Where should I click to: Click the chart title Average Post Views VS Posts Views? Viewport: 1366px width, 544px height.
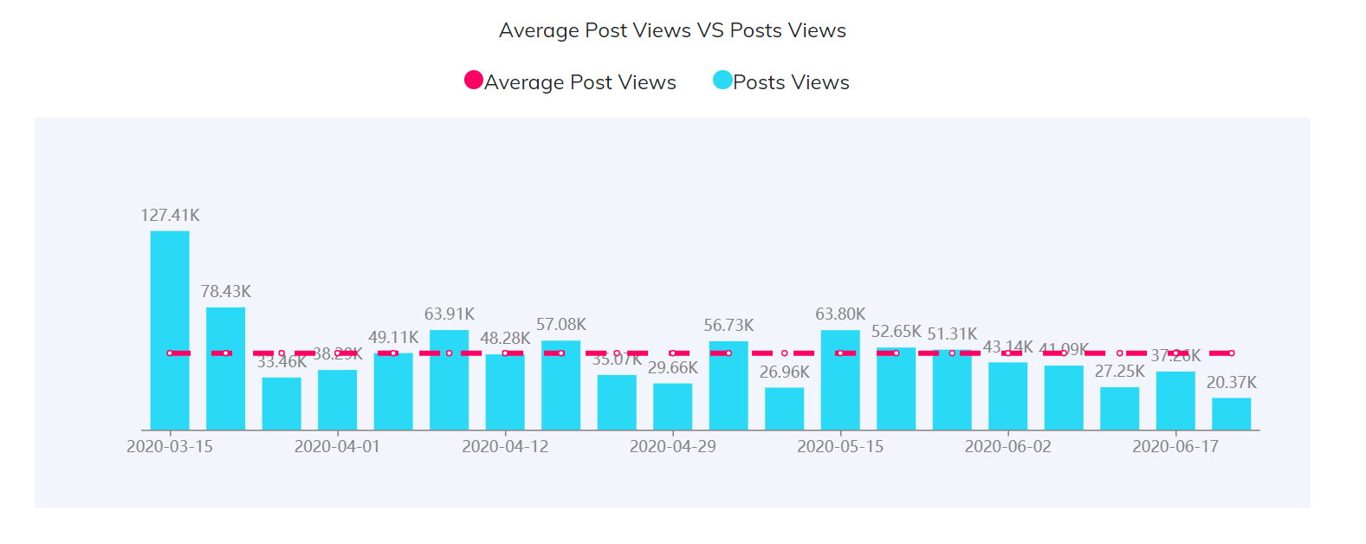(x=672, y=30)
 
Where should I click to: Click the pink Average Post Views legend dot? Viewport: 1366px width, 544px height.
(x=474, y=81)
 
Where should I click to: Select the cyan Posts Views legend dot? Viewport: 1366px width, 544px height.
(x=722, y=81)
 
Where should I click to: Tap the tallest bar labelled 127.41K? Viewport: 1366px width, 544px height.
(x=170, y=329)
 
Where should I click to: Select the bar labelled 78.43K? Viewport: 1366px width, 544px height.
(x=225, y=368)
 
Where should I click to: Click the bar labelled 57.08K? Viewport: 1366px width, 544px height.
(x=560, y=385)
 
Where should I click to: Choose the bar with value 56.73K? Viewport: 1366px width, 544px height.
(x=728, y=385)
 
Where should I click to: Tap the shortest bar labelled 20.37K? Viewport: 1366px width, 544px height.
(x=1231, y=414)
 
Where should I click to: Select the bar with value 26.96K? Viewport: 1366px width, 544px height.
(x=784, y=409)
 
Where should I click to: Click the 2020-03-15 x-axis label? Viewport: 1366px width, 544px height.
(x=170, y=446)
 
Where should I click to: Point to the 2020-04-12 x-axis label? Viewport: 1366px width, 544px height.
(x=505, y=446)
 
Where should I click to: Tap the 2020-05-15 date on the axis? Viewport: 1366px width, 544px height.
(x=840, y=446)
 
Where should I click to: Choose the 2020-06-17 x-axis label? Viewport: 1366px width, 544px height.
(x=1175, y=446)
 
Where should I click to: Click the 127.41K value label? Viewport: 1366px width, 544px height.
(x=170, y=215)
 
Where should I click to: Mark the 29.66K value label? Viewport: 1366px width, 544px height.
(x=673, y=367)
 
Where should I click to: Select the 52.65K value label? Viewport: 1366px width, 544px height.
(x=897, y=331)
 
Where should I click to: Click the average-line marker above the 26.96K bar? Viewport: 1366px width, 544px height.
(x=784, y=353)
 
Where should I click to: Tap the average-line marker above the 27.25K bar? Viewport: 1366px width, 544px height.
(x=1119, y=353)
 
